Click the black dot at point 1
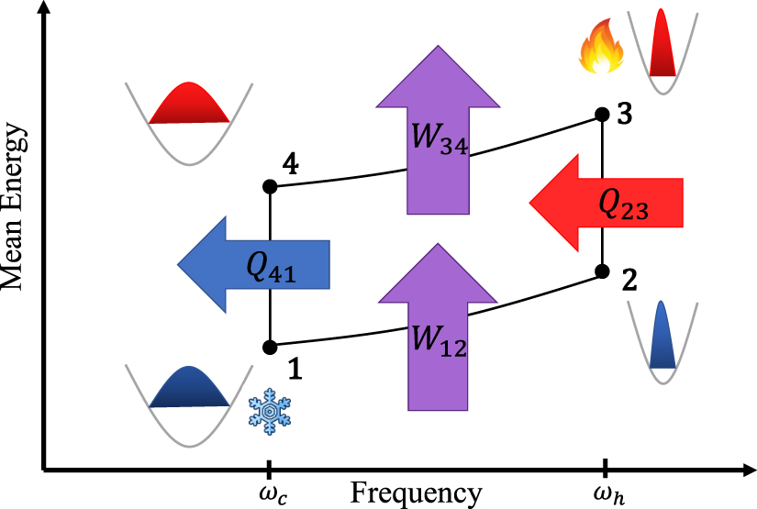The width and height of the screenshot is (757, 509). tap(270, 348)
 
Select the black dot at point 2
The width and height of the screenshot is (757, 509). tap(603, 271)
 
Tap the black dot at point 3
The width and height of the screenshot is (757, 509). tap(603, 115)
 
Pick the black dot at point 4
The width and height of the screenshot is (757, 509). tap(270, 186)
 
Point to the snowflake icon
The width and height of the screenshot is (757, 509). tap(270, 414)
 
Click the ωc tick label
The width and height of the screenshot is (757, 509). tap(269, 492)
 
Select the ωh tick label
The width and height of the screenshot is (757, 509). tap(604, 492)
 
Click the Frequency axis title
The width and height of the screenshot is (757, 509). tap(416, 493)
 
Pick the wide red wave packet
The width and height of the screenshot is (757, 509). tap(188, 104)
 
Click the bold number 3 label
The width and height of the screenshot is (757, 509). tap(624, 116)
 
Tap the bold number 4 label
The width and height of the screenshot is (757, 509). tap(290, 167)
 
